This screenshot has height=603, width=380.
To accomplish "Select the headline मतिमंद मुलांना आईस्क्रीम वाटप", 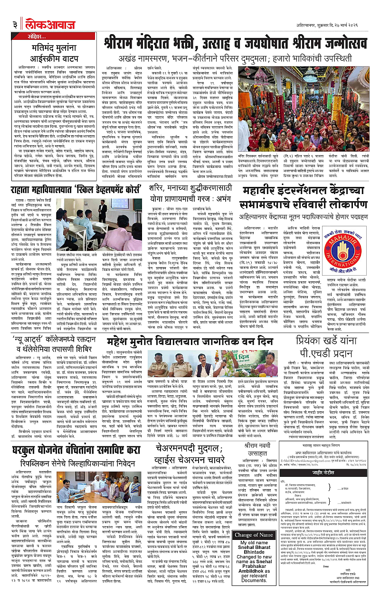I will tap(48, 54).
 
